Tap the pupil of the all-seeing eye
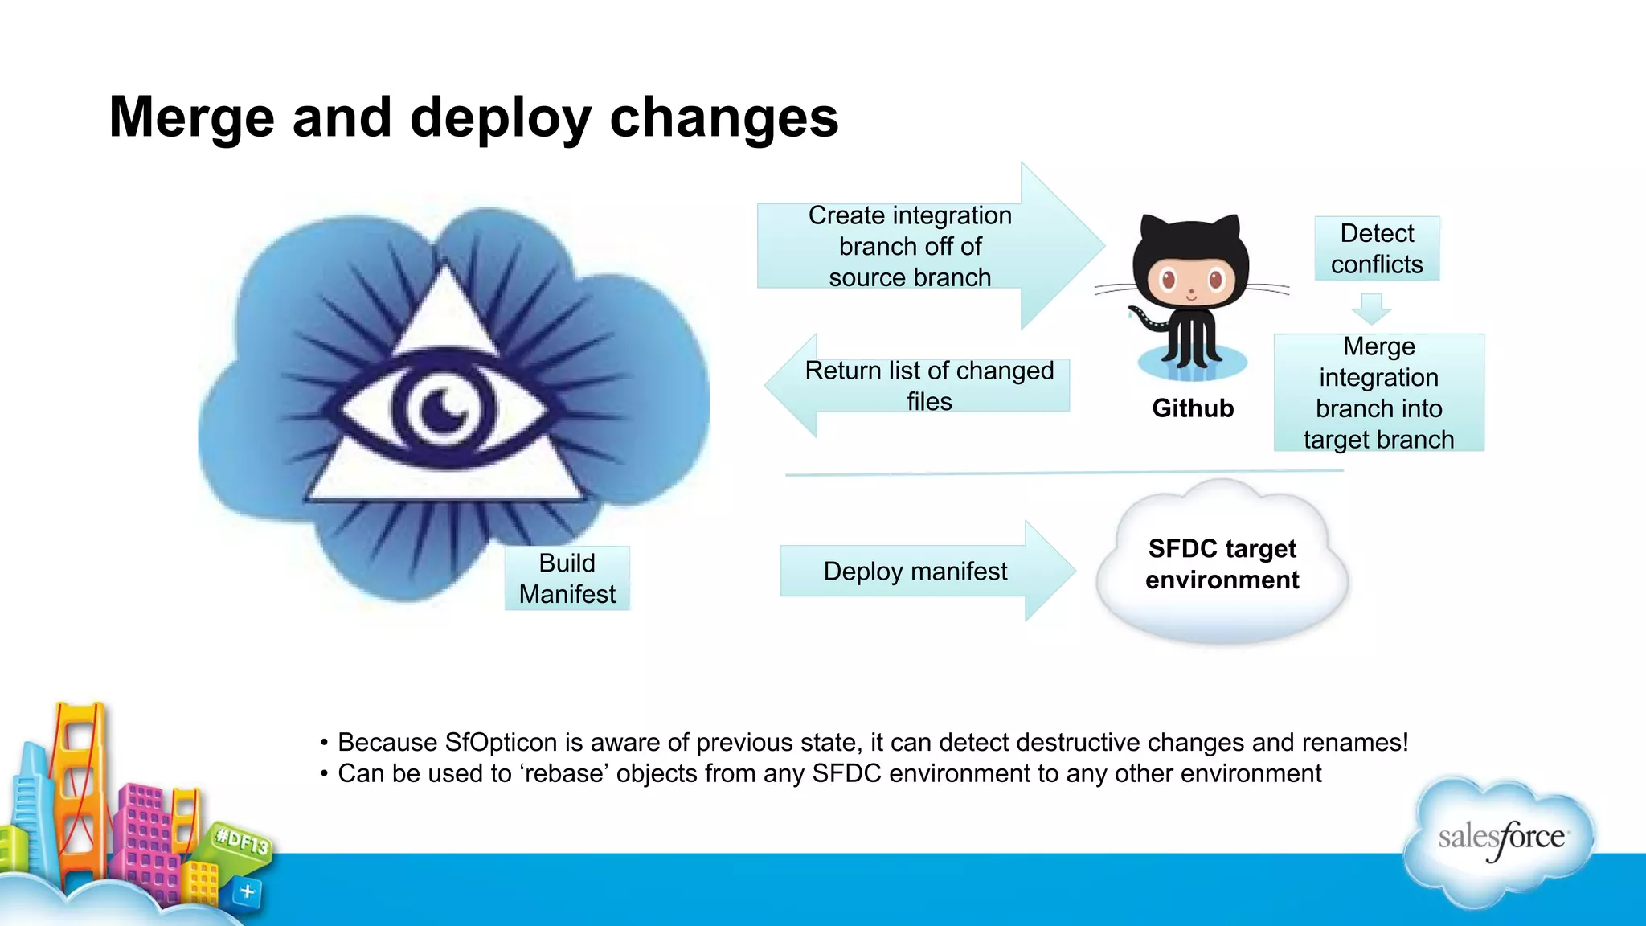coord(444,408)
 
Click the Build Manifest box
coord(567,578)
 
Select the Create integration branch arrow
coord(910,246)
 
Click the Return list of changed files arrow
coord(928,386)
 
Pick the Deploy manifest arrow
coord(915,571)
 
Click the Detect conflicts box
coord(1376,248)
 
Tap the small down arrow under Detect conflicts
coord(1371,308)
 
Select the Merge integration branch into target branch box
coord(1378,392)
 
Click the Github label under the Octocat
coord(1193,408)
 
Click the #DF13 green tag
coord(242,842)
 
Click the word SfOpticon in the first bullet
coord(501,742)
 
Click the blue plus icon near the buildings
coord(247,891)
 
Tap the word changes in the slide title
coord(723,117)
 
